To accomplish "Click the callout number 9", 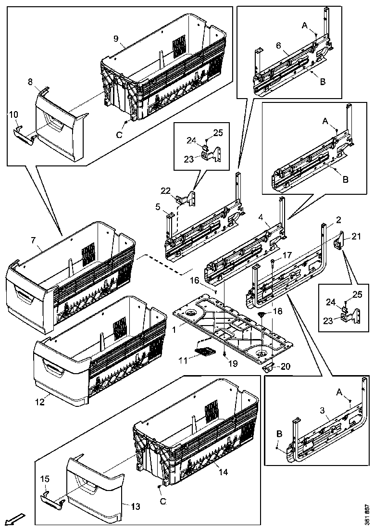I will (116, 38).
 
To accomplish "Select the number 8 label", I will (30, 83).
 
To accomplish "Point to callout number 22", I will (165, 191).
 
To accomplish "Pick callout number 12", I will (40, 402).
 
